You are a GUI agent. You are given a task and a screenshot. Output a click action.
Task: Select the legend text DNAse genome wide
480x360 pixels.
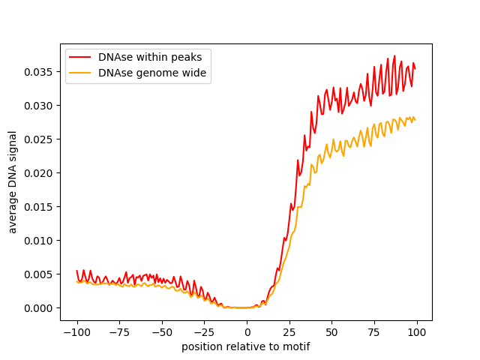152,73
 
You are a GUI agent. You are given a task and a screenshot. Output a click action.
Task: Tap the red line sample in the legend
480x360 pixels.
81,57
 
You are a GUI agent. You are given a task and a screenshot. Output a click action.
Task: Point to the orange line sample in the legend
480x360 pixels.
81,73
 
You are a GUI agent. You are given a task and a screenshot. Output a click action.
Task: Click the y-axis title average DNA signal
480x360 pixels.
13,182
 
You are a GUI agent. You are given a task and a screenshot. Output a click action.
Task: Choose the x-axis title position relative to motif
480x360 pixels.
246,346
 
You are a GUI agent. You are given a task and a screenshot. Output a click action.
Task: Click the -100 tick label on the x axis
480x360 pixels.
76,331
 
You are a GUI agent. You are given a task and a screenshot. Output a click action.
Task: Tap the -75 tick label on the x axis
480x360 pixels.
119,331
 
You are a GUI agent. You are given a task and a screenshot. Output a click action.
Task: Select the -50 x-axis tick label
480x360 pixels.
162,331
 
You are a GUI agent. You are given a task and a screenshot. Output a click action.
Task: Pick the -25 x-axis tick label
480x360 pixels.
204,331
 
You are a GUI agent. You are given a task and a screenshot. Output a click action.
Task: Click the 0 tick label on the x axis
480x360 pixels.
247,331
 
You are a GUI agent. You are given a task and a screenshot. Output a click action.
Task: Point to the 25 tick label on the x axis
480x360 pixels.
289,331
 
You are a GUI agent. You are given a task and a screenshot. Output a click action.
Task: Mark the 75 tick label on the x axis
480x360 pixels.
374,331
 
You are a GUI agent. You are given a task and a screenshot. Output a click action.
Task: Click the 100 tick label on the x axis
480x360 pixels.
417,331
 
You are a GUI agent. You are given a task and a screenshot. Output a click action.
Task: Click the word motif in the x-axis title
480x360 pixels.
297,346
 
